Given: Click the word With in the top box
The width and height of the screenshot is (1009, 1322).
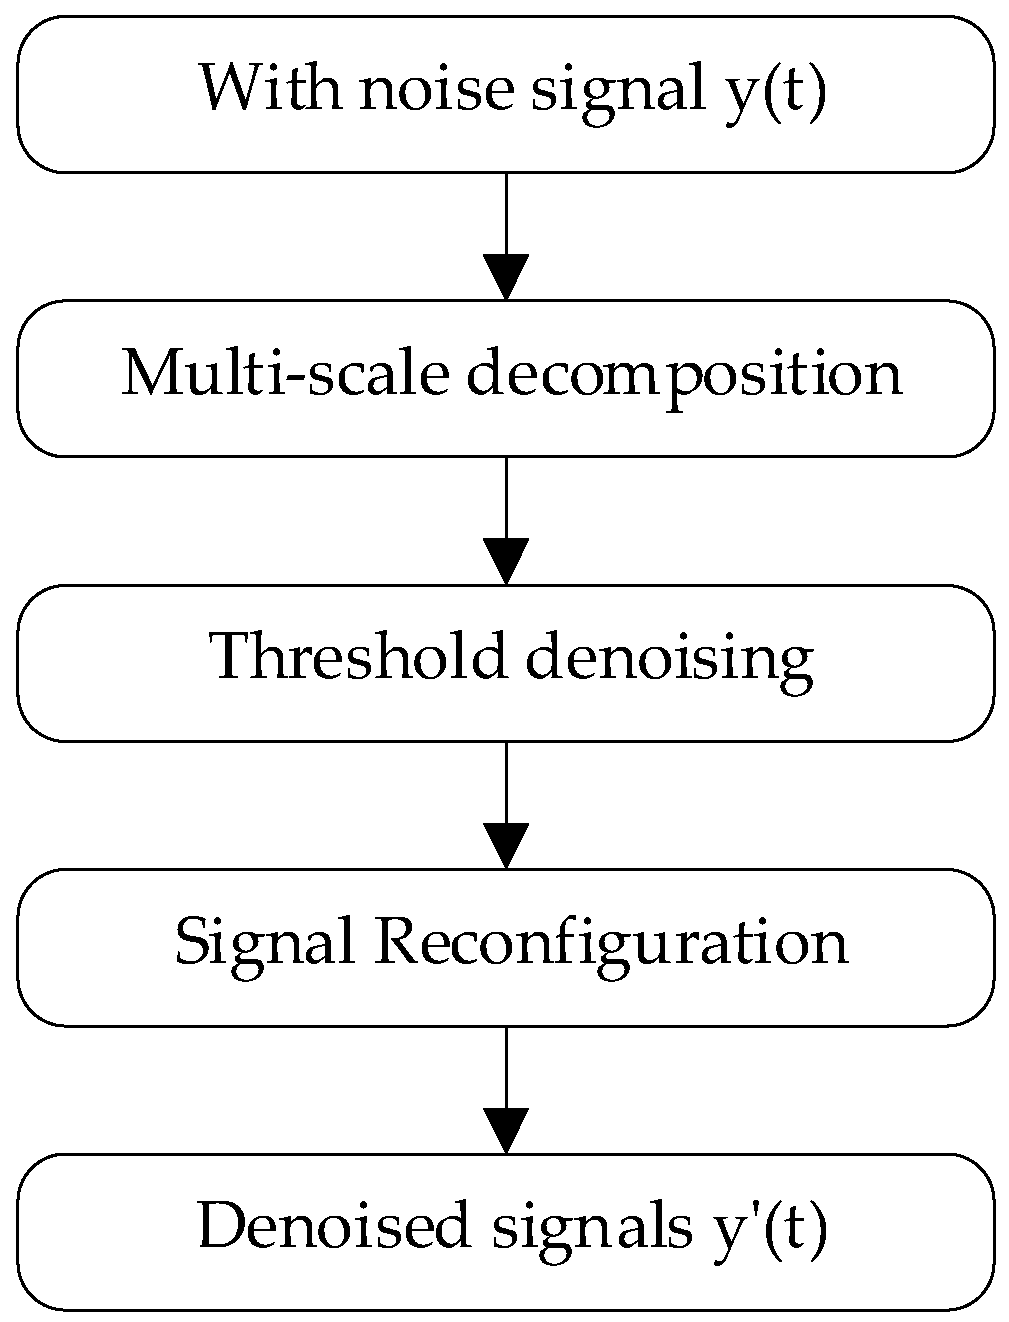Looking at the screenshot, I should [268, 90].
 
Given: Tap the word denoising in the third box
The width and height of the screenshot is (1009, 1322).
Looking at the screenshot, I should [668, 660].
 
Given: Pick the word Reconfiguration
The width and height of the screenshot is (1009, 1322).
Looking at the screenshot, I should [610, 943].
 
